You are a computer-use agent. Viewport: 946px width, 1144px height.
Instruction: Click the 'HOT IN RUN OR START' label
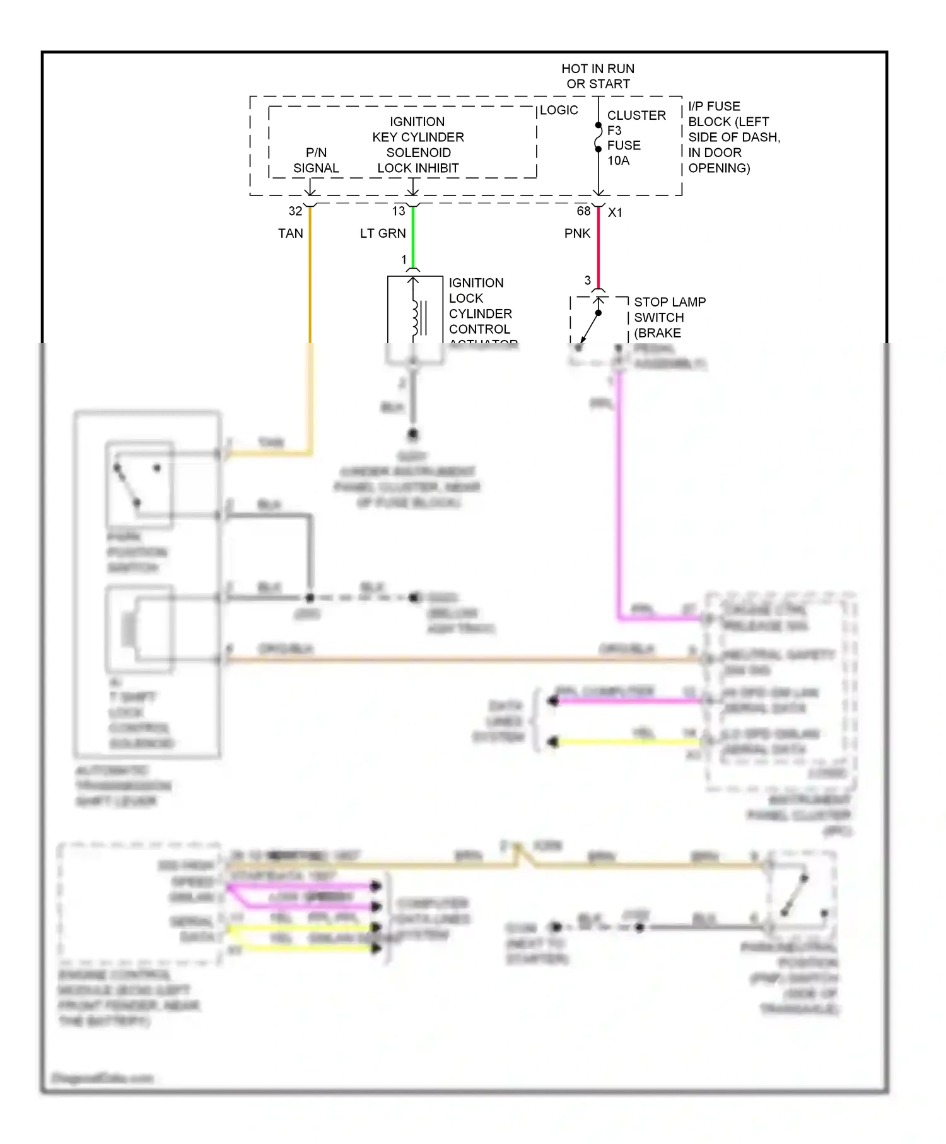pyautogui.click(x=598, y=76)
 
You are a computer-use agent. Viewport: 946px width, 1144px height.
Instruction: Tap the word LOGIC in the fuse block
pyautogui.click(x=559, y=110)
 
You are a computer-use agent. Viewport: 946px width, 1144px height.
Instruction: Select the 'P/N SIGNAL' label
pyautogui.click(x=316, y=161)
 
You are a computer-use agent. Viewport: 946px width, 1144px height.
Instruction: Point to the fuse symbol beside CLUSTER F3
pyautogui.click(x=598, y=137)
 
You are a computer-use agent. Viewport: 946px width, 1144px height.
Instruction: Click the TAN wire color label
pyautogui.click(x=290, y=233)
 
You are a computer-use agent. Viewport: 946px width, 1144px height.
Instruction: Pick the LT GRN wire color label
pyautogui.click(x=383, y=233)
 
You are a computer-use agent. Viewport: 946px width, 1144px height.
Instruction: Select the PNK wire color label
pyautogui.click(x=577, y=233)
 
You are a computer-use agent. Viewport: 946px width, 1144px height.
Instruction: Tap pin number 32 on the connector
pyautogui.click(x=295, y=211)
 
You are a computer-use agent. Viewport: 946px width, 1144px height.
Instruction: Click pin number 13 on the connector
pyautogui.click(x=399, y=211)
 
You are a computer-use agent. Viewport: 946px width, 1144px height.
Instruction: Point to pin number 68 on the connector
pyautogui.click(x=583, y=211)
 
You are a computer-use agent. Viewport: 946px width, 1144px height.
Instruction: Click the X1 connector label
pyautogui.click(x=615, y=213)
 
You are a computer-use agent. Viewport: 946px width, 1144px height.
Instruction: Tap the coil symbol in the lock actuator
pyautogui.click(x=416, y=318)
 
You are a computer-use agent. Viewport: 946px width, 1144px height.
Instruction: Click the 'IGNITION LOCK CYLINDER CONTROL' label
pyautogui.click(x=481, y=306)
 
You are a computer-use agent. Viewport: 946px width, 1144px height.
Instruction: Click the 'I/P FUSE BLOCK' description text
pyautogui.click(x=733, y=137)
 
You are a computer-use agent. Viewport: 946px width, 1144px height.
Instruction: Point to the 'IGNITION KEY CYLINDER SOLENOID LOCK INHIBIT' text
pyautogui.click(x=418, y=145)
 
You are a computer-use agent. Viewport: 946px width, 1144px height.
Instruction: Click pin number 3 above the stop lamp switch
pyautogui.click(x=587, y=280)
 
